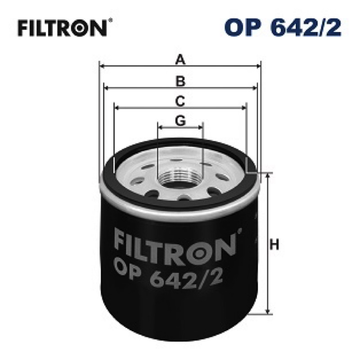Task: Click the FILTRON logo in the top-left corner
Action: pos(63,28)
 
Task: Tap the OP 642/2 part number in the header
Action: pos(283,27)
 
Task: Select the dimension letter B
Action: pos(180,81)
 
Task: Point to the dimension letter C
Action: pos(180,101)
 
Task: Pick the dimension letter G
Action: pos(180,121)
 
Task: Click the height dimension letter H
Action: pos(274,244)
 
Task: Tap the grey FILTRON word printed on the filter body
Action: pos(176,246)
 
